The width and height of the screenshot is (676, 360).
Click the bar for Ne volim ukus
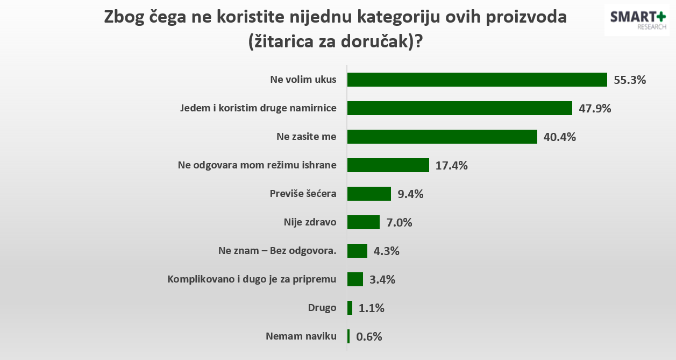(476, 80)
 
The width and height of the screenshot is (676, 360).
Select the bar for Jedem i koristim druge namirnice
(459, 108)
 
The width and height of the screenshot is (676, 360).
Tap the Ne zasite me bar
(442, 137)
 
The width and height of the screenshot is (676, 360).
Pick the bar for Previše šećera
(369, 194)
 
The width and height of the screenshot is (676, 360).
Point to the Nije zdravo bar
(364, 222)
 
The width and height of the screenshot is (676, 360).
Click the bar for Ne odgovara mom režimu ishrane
(388, 165)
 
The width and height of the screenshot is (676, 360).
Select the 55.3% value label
(630, 80)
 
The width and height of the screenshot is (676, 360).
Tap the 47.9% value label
(595, 109)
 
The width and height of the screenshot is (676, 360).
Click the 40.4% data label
(560, 137)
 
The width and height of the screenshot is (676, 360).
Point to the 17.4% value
(451, 166)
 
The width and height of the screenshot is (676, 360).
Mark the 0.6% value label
(369, 337)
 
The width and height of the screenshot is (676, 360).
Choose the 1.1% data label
(372, 308)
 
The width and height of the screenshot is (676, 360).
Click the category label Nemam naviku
(301, 336)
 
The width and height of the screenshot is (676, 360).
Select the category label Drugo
(322, 308)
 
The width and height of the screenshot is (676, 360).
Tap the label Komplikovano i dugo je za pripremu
(252, 279)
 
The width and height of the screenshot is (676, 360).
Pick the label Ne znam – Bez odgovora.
(278, 251)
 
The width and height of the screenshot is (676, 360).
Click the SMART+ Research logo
(638, 20)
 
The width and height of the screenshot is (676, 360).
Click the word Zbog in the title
(125, 17)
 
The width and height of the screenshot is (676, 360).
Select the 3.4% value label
(382, 280)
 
